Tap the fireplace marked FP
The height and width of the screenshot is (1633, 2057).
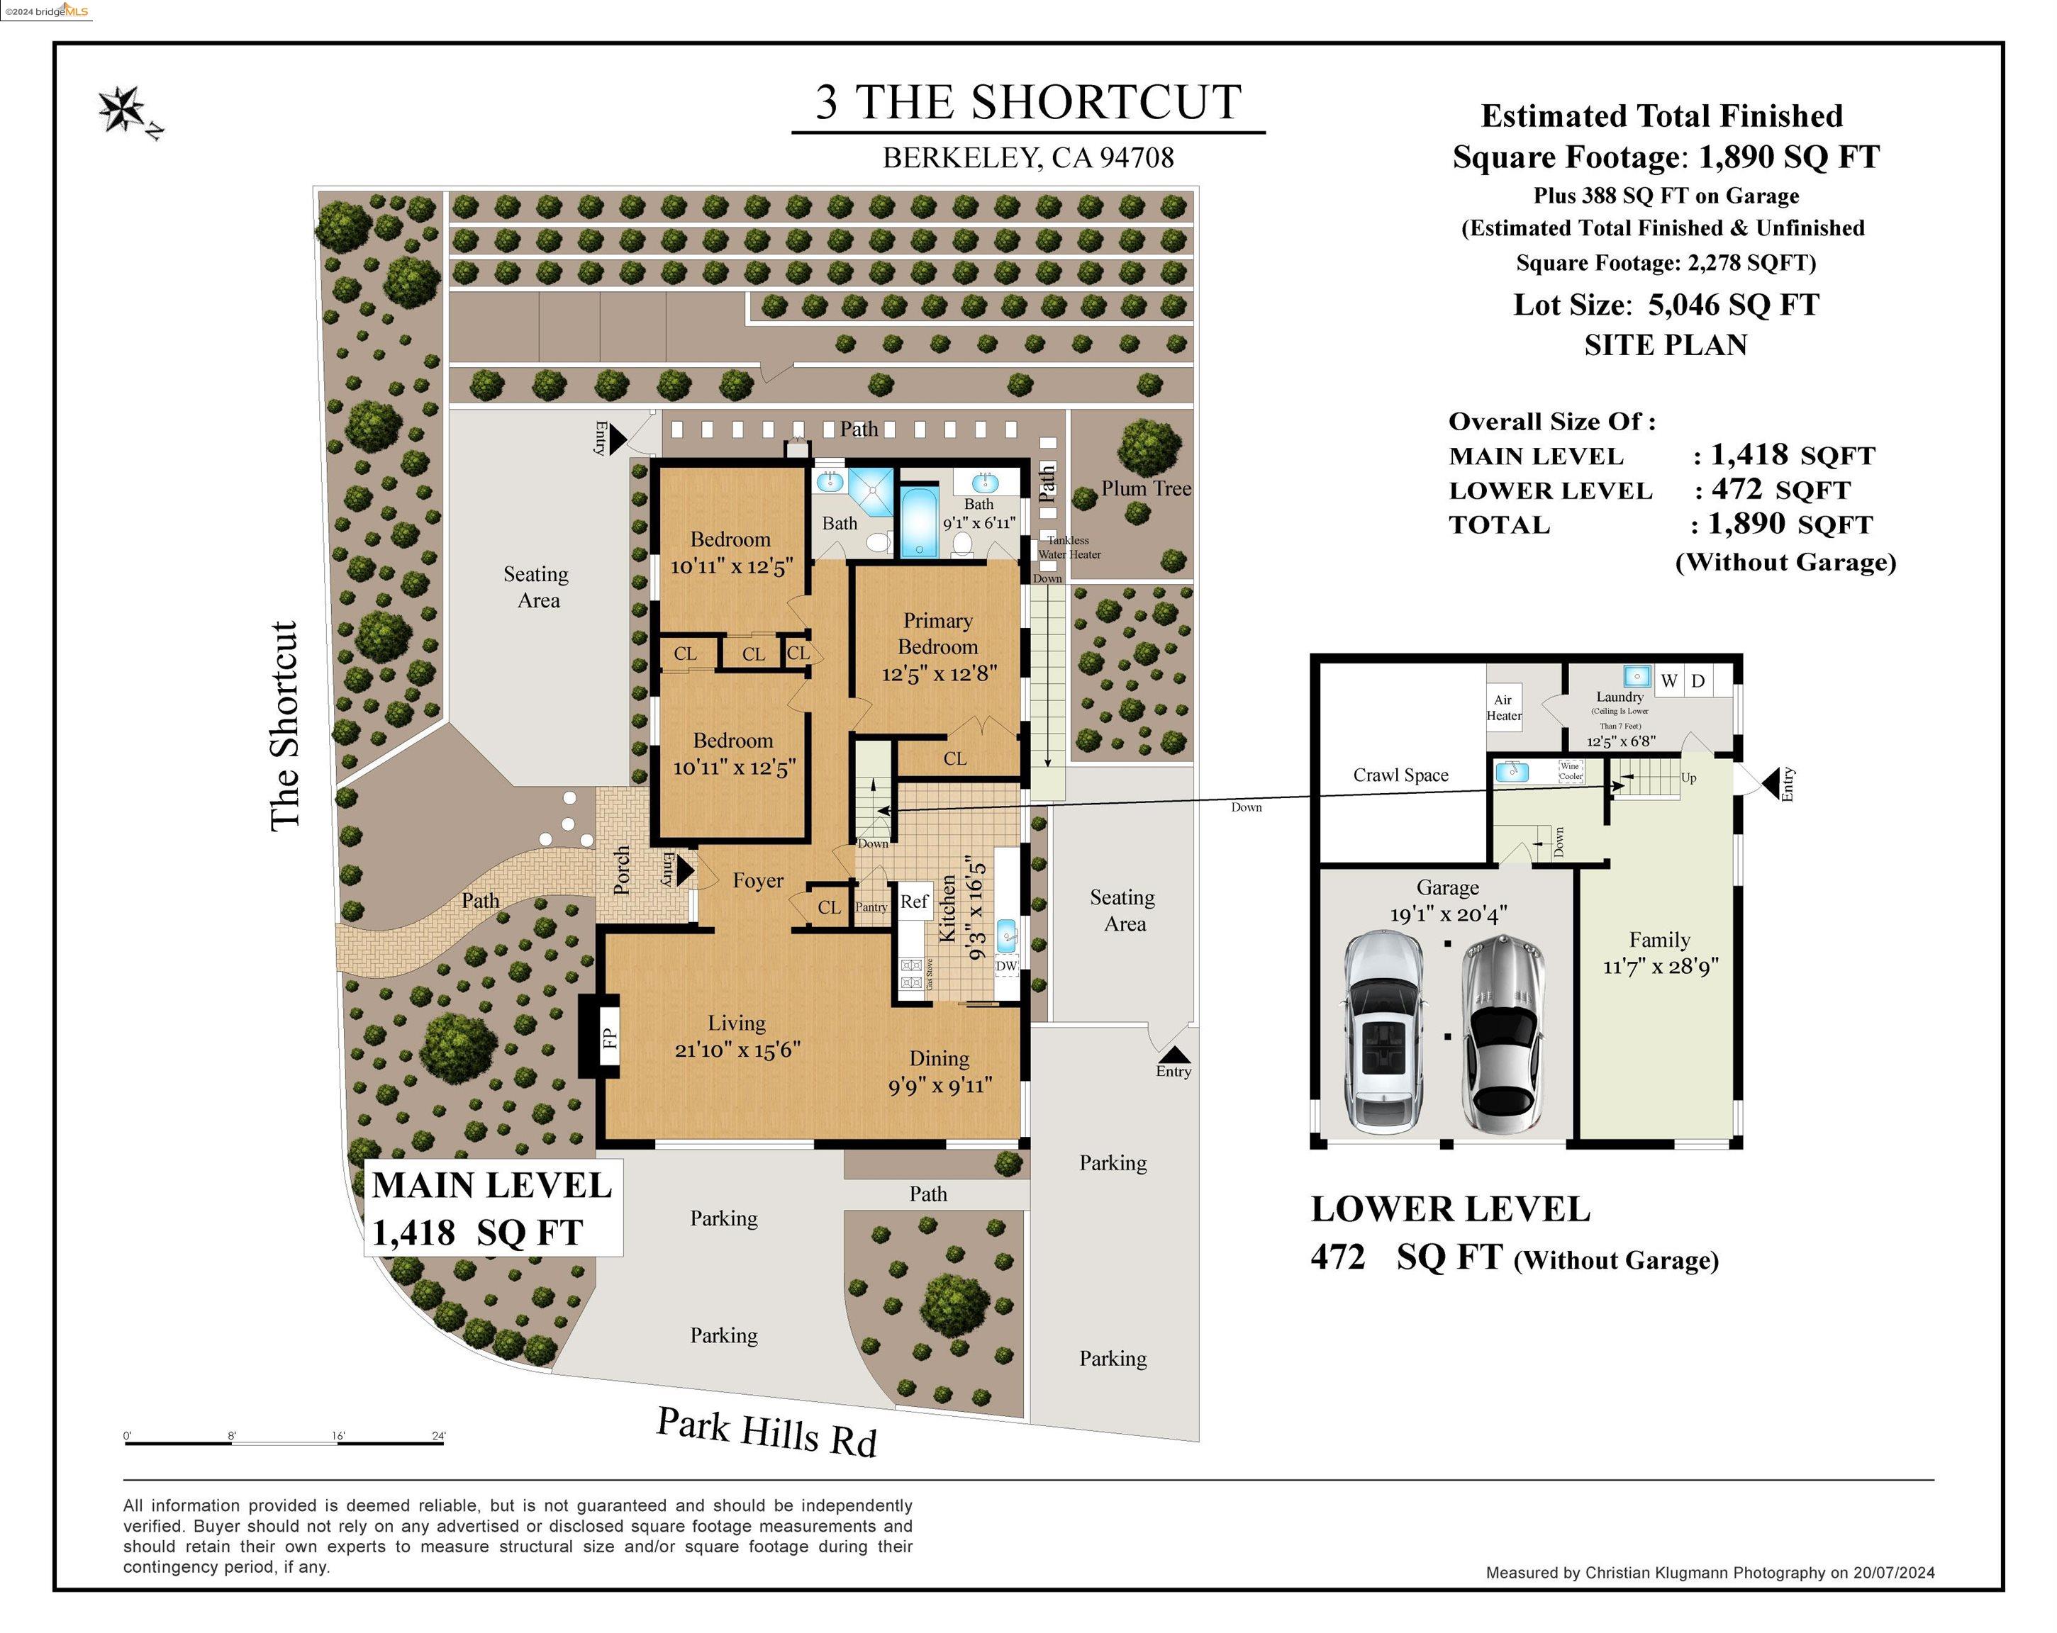click(x=608, y=1037)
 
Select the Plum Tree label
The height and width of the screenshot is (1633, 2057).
click(x=1146, y=488)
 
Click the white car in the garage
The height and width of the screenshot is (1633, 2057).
click(x=1383, y=1032)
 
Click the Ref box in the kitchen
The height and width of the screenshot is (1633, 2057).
click(x=914, y=902)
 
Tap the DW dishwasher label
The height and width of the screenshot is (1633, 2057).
click(x=1007, y=965)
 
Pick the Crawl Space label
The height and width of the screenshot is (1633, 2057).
click(x=1400, y=775)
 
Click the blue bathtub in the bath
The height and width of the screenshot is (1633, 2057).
click(x=920, y=522)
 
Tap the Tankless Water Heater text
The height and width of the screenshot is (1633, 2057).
click(x=1069, y=547)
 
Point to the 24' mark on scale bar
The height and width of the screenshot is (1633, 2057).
click(x=439, y=1435)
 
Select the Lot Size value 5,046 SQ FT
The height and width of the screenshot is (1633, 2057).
click(x=1733, y=305)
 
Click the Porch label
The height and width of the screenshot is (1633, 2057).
click(x=621, y=870)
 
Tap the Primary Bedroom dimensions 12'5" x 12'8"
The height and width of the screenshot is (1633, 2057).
click(x=939, y=674)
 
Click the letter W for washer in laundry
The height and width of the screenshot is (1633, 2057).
click(x=1668, y=681)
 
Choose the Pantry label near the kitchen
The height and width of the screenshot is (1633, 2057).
click(x=871, y=907)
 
